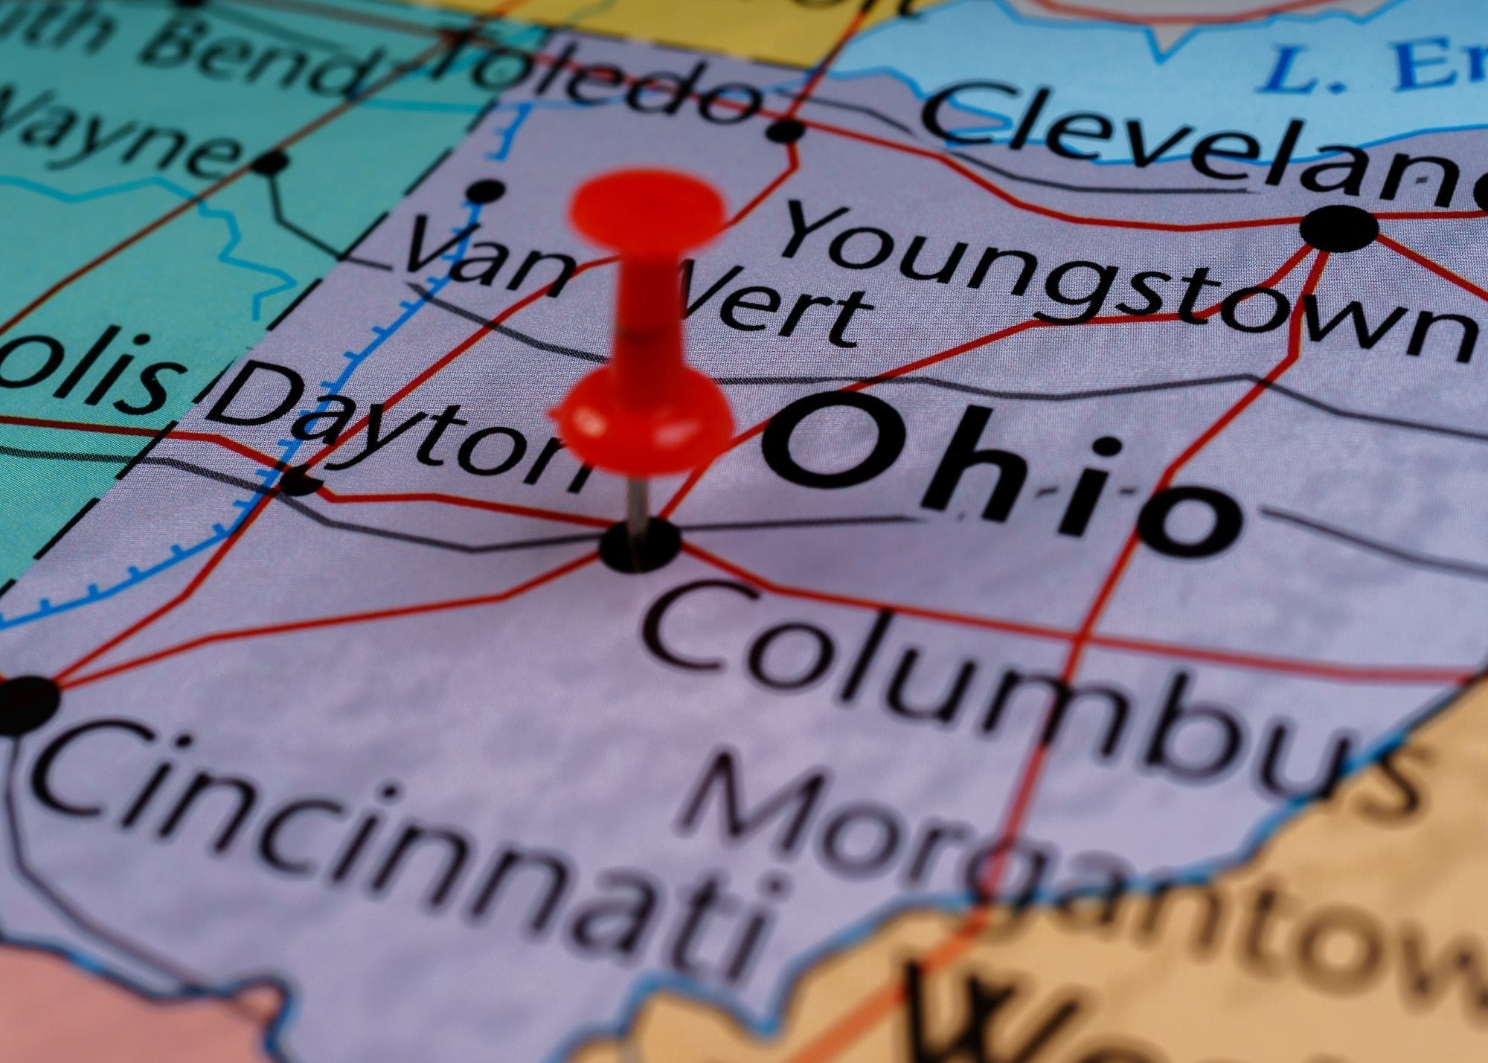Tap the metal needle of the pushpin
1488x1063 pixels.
pos(633,498)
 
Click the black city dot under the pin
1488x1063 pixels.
pos(638,546)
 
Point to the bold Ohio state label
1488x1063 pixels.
pos(997,476)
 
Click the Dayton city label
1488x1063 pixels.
pos(402,431)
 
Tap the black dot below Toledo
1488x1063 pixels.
pos(786,132)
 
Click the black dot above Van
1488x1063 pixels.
pos(484,190)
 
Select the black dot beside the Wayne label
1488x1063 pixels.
pos(273,161)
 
